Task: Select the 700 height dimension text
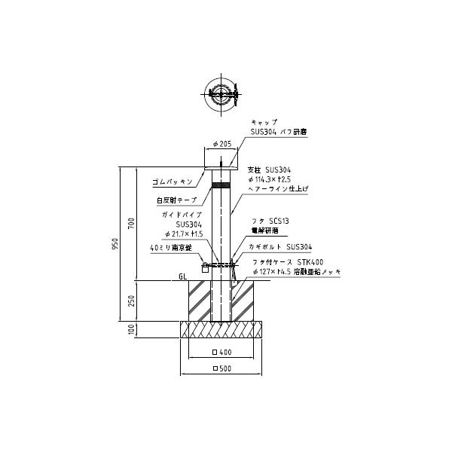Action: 130,222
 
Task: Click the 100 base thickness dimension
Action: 130,330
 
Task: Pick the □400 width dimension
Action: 221,353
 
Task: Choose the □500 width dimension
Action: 221,368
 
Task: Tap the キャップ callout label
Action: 264,122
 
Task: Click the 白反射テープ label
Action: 176,200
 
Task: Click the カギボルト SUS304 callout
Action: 279,246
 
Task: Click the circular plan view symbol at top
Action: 221,95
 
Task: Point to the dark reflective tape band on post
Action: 221,185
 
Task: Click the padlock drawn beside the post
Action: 205,268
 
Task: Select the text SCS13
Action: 279,220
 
